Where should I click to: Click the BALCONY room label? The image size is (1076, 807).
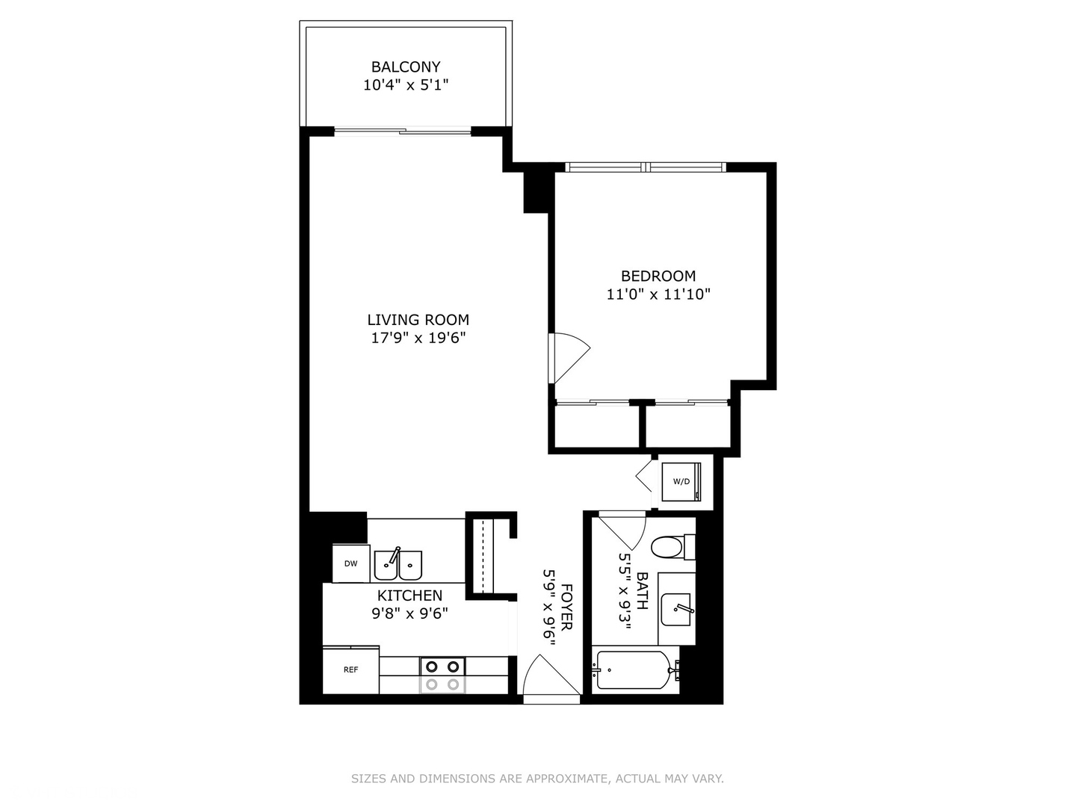pos(406,67)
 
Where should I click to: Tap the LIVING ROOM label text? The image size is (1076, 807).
pos(418,320)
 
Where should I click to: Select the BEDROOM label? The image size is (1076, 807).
pos(658,276)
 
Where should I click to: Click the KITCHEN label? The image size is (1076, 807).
pos(409,596)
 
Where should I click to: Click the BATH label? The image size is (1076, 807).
pos(642,590)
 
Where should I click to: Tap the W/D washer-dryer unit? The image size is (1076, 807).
pos(681,482)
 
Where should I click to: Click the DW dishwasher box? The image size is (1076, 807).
pos(350,563)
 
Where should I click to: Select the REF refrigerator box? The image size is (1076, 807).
pos(350,670)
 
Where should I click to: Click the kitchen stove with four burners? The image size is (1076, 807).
pos(442,675)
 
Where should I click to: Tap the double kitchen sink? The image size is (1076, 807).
pos(398,565)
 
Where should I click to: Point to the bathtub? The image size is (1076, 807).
pos(634,671)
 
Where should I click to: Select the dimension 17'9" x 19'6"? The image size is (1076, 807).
pos(418,338)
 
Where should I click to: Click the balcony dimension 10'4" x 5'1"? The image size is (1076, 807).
pos(406,85)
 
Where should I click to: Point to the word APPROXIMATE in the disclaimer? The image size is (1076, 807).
pos(567,779)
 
